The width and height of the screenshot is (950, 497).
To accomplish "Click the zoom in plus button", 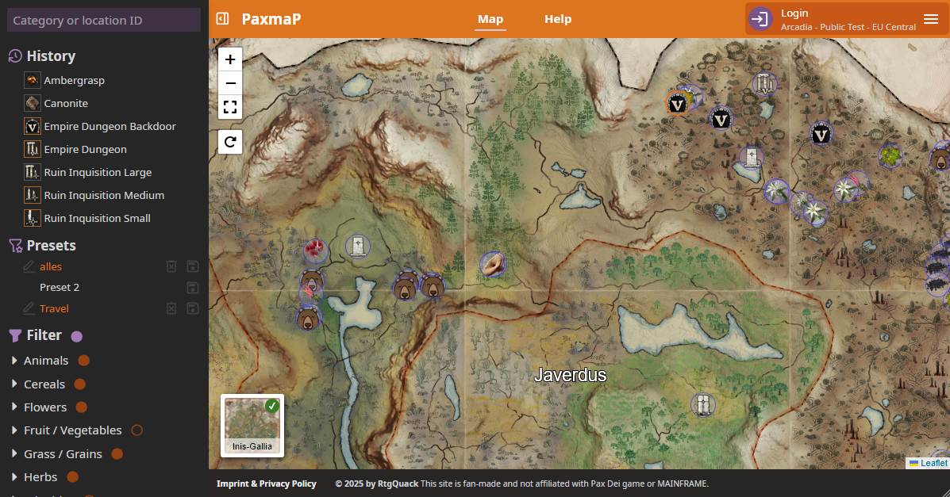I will [x=230, y=59].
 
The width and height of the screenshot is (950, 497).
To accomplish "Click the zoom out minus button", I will [x=230, y=83].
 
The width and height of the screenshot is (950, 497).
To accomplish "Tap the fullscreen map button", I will [x=230, y=107].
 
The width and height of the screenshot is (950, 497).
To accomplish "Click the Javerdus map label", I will [x=570, y=375].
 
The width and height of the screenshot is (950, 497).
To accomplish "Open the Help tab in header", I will [x=558, y=19].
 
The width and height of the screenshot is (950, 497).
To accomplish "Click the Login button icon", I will [x=760, y=19].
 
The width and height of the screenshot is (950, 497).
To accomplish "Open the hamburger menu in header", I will [x=931, y=19].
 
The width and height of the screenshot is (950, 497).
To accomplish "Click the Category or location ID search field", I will [x=104, y=21].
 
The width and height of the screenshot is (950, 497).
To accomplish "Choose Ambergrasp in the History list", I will [x=74, y=80].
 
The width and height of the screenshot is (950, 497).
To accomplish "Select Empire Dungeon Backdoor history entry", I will [x=110, y=126].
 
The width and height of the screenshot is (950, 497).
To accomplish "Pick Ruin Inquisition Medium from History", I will [x=104, y=195].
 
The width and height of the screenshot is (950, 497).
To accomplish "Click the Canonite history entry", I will [x=66, y=103].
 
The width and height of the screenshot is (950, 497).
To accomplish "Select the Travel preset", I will [x=54, y=308].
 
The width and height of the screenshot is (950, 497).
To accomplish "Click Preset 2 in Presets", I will [x=60, y=287].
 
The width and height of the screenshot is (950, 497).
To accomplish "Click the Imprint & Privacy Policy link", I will [x=267, y=484].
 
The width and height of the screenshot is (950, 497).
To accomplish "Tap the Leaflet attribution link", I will [x=933, y=463].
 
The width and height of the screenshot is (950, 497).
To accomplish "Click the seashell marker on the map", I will [x=493, y=264].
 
